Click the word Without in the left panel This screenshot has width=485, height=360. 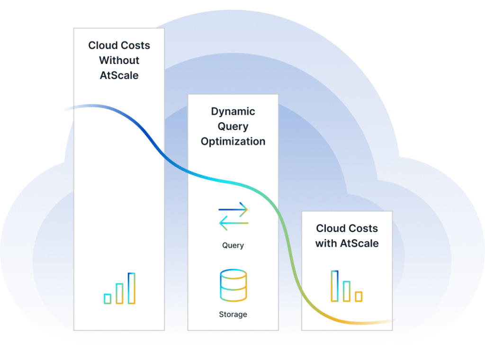pyautogui.click(x=119, y=61)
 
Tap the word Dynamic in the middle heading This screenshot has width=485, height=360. pyautogui.click(x=233, y=112)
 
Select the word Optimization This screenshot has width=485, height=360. pyautogui.click(x=233, y=142)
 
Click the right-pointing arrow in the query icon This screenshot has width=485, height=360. pyautogui.click(x=233, y=209)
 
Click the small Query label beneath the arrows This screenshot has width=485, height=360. pyautogui.click(x=233, y=245)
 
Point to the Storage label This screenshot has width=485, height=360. pyautogui.click(x=233, y=314)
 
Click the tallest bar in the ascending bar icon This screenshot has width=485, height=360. pyautogui.click(x=132, y=288)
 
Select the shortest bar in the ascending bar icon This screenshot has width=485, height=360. pyautogui.click(x=108, y=298)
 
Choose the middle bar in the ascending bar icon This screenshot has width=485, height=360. pyautogui.click(x=119, y=293)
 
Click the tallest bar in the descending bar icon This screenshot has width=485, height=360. pyautogui.click(x=335, y=286)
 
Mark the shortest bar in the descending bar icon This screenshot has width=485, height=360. pyautogui.click(x=359, y=297)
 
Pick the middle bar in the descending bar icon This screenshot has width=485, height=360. pyautogui.click(x=347, y=291)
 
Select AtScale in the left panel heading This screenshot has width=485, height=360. pyautogui.click(x=119, y=76)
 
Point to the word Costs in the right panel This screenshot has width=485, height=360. pyautogui.click(x=363, y=229)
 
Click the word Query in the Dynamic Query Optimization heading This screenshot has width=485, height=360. pyautogui.click(x=233, y=126)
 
